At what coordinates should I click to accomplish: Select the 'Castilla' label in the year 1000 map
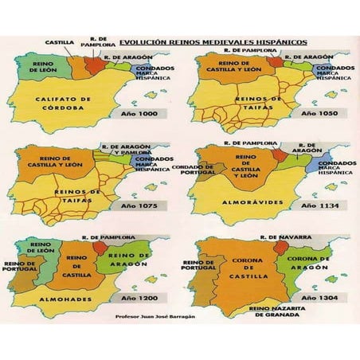click(x=60, y=41)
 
